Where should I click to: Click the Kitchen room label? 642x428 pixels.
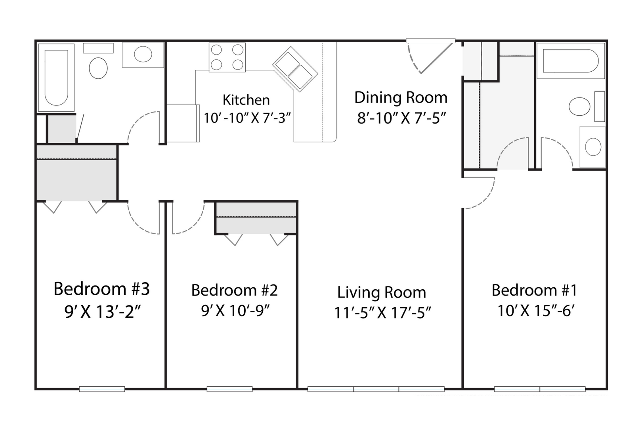[246, 100]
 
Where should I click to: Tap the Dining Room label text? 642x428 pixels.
[401, 97]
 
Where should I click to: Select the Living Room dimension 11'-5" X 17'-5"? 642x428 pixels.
[383, 313]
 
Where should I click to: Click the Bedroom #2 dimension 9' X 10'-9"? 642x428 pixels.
[235, 310]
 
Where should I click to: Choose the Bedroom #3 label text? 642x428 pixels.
[102, 289]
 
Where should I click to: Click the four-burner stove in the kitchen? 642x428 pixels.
[227, 57]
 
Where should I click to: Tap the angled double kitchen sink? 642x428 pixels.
[295, 69]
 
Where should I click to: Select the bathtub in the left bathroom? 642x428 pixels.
[56, 78]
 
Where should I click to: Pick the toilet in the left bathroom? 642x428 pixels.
[98, 68]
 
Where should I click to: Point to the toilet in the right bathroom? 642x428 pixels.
[579, 107]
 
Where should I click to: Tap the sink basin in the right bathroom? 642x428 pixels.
[593, 147]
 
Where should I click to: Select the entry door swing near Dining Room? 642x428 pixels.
[430, 57]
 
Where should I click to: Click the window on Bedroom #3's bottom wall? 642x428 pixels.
[102, 389]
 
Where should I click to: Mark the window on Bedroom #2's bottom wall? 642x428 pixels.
[229, 389]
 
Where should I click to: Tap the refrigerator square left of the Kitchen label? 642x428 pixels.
[183, 123]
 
